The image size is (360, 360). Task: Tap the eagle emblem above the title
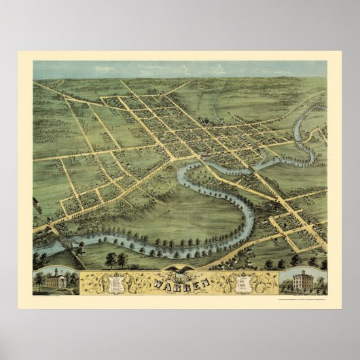click(180, 271)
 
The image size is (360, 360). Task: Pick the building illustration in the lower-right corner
click(303, 279)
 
